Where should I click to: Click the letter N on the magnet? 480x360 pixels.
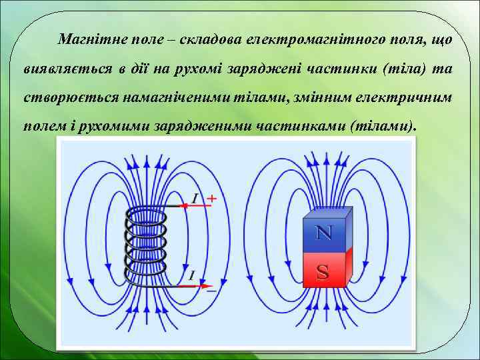323,233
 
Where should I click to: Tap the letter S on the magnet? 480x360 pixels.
323,271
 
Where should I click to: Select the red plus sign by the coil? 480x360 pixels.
212,198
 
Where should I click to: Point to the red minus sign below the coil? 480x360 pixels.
211,291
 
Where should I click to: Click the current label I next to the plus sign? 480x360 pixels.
195,197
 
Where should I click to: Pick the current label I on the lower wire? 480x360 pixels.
191,275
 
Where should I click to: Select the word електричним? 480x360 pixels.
407,97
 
